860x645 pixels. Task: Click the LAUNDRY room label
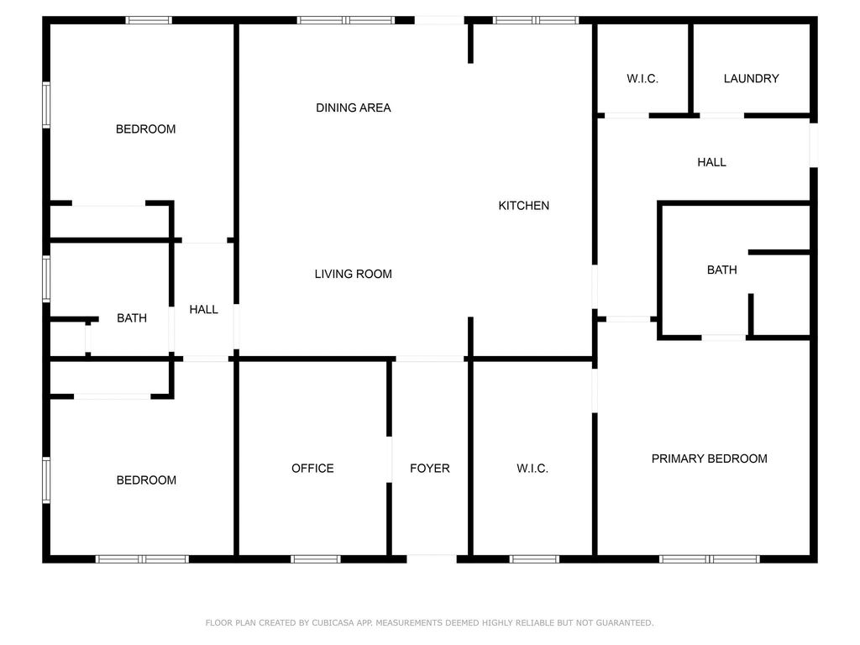751,78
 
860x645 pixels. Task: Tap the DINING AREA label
354,107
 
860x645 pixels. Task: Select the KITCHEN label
523,205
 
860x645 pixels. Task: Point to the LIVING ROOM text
354,274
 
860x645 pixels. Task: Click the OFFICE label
312,468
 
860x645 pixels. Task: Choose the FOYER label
429,468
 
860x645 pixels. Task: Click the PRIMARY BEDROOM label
709,459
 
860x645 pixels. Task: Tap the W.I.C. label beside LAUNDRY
642,78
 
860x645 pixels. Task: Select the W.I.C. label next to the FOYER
532,468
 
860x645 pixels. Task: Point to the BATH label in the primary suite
721,270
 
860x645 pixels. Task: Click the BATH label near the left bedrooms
132,318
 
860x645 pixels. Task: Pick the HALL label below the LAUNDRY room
711,162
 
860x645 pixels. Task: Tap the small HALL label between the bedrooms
203,309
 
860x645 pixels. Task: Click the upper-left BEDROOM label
145,128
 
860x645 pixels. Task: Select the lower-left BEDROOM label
146,480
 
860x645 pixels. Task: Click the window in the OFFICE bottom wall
316,558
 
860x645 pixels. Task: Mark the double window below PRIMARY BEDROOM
709,558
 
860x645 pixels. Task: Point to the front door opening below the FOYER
432,558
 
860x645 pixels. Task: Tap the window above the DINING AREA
345,20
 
